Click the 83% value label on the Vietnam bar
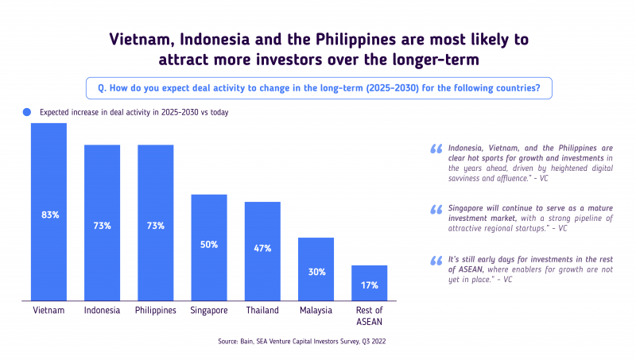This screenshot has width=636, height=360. point(49,215)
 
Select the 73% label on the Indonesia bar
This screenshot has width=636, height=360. point(102,226)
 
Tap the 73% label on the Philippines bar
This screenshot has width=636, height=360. point(156,226)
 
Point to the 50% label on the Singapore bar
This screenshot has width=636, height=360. point(209,245)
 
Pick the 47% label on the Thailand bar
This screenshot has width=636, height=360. point(262,248)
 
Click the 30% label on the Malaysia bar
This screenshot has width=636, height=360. point(316,272)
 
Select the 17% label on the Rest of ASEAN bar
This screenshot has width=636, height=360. point(369,285)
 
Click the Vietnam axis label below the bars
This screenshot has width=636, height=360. point(49,310)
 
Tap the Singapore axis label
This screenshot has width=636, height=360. point(209,310)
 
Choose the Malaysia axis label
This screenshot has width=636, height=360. point(316,310)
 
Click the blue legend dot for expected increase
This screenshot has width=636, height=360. point(27,112)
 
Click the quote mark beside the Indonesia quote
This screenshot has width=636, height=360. point(436,149)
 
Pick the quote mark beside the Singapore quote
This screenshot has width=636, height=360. point(436,209)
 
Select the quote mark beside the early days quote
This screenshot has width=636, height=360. point(436,260)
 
